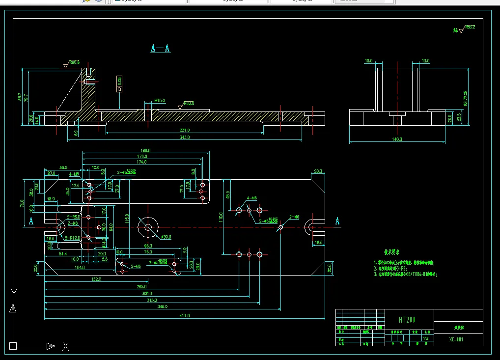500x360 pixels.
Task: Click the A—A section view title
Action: (160, 48)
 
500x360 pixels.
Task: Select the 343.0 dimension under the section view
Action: (184, 138)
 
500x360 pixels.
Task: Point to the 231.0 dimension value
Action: (184, 130)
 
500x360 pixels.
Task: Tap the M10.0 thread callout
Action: (160, 100)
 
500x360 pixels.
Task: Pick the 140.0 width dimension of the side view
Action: (397, 139)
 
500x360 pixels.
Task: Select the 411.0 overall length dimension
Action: (186, 315)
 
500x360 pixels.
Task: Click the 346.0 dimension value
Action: (162, 306)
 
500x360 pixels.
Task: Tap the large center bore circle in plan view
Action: (147, 227)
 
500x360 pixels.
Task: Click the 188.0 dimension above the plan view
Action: (145, 151)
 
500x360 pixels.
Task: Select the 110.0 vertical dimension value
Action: (222, 216)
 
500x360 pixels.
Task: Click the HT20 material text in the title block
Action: (407, 320)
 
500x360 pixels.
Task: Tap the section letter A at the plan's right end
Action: (337, 222)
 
